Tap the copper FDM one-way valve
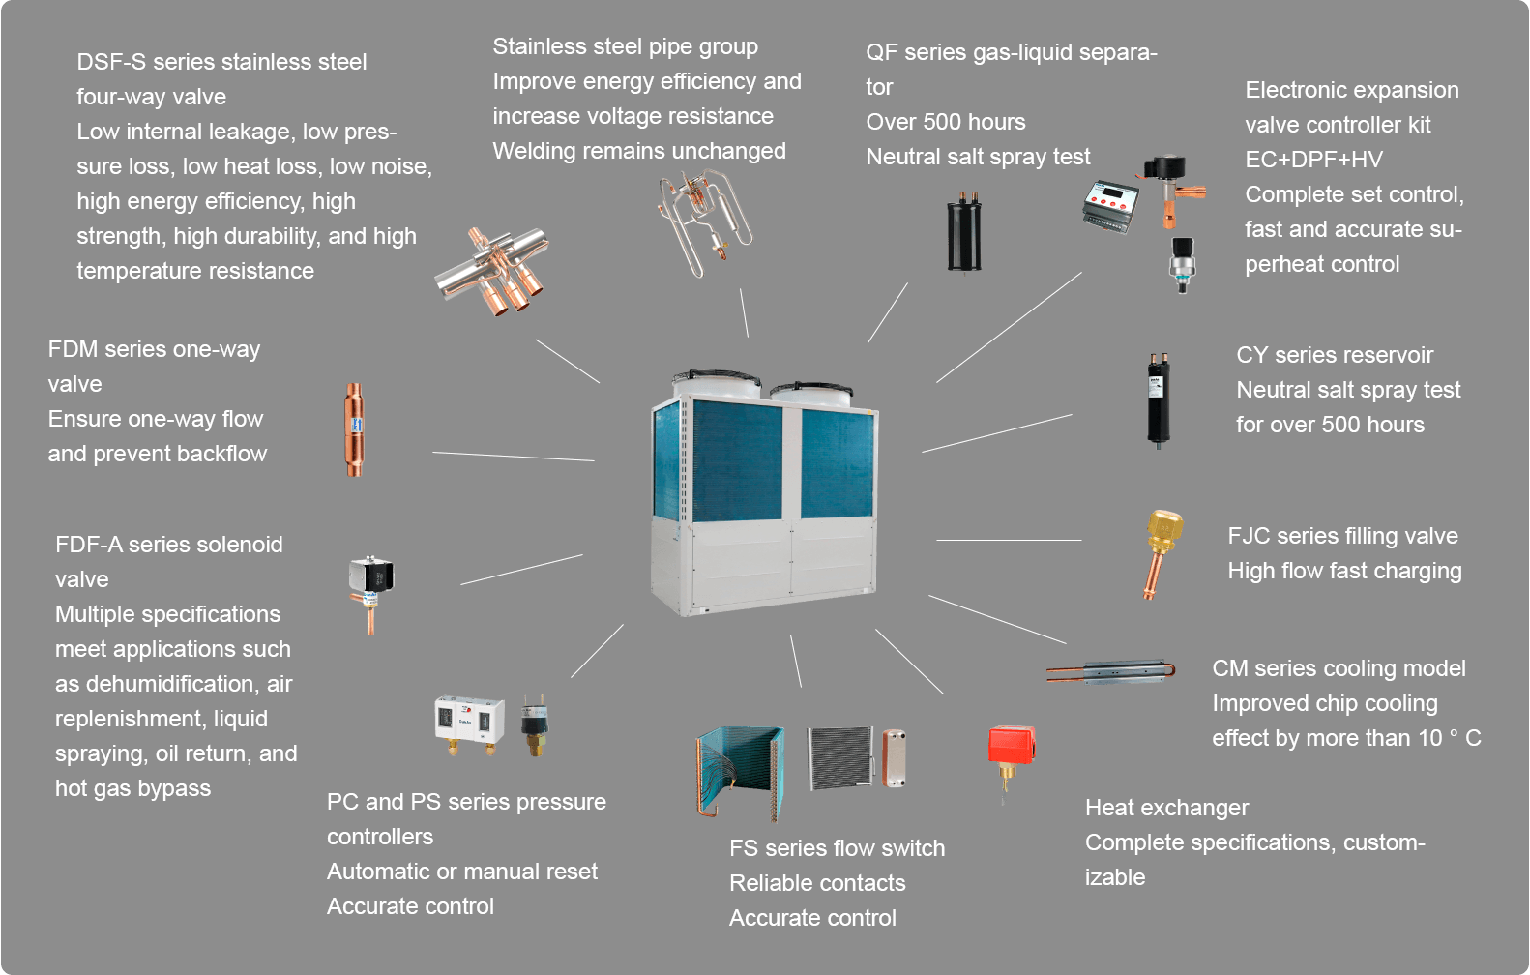tap(355, 429)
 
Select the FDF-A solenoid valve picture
tap(371, 591)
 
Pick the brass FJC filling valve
tap(1161, 551)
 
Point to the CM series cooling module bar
tap(1112, 671)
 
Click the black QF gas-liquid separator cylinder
tap(963, 231)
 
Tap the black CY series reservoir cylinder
tap(1158, 399)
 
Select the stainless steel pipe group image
tap(704, 221)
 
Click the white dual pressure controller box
tap(469, 722)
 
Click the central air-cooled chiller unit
tap(764, 493)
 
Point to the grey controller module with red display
tap(1110, 206)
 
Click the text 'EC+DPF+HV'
tap(1313, 160)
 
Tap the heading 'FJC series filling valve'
tap(1342, 536)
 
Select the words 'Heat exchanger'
tap(1166, 808)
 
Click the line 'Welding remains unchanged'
tap(638, 151)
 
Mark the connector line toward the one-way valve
tap(513, 457)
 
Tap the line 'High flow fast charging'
tap(1344, 571)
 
